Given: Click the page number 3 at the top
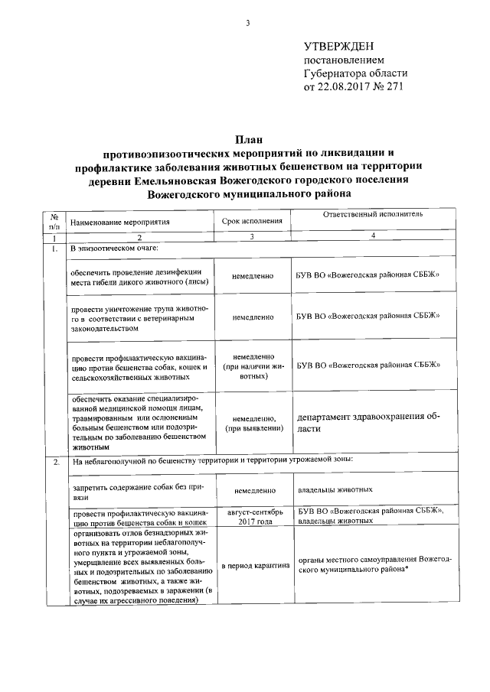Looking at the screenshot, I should [x=247, y=22].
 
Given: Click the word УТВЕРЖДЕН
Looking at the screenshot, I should [x=341, y=47].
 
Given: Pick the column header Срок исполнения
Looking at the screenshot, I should [x=252, y=221].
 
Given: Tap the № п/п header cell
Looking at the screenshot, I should [x=54, y=222].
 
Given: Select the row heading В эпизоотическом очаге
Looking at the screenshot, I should [x=114, y=249].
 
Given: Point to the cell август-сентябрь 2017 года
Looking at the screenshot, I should [x=252, y=515].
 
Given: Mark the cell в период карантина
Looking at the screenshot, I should [x=252, y=566].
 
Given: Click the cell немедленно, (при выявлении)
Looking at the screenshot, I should [x=252, y=424].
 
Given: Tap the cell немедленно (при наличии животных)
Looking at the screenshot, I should [x=252, y=366].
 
